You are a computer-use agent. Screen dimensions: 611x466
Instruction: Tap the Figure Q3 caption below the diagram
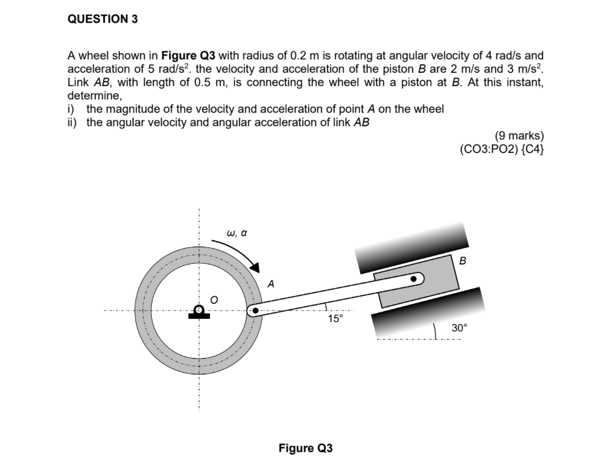click(x=305, y=448)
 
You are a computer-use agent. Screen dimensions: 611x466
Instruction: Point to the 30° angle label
click(x=459, y=328)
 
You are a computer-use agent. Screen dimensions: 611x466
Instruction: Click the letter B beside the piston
click(x=462, y=260)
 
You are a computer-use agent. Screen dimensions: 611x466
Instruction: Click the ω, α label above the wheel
click(x=237, y=232)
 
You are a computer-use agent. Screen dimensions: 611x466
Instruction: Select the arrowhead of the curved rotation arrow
click(x=255, y=267)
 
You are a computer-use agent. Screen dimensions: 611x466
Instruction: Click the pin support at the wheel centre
click(x=199, y=313)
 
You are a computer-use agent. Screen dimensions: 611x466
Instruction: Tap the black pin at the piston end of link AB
click(x=414, y=279)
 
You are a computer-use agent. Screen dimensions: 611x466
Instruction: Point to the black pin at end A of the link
click(x=255, y=312)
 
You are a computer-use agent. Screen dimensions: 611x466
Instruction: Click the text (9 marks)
click(x=518, y=137)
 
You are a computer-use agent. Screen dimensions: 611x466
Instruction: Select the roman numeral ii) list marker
click(x=75, y=123)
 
